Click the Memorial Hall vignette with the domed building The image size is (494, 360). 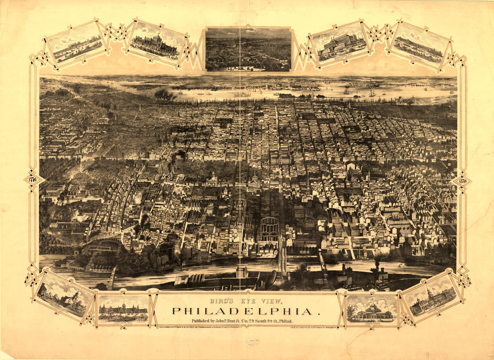pos(157,43)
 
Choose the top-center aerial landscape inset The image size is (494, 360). pos(248,49)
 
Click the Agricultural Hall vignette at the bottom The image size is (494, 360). pos(123,308)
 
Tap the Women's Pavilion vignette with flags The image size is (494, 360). pos(372,309)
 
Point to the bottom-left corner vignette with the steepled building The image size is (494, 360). pos(63,295)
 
